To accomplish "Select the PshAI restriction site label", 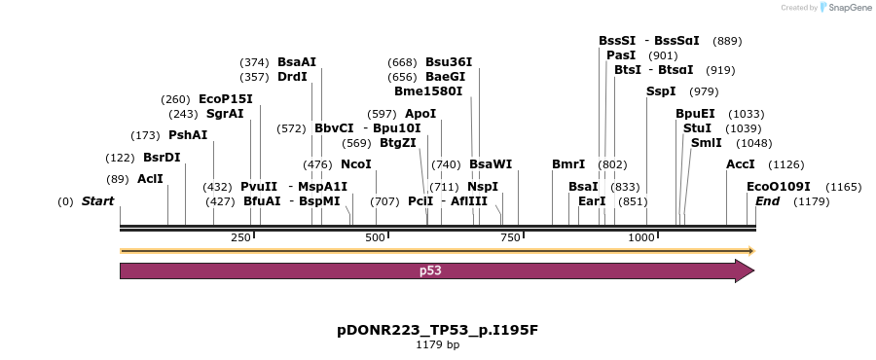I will pyautogui.click(x=188, y=135).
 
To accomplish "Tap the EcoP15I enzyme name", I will pyautogui.click(x=225, y=99).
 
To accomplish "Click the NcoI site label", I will pyautogui.click(x=356, y=164).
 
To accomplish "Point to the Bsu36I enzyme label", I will pyautogui.click(x=449, y=62).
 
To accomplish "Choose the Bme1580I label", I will pyautogui.click(x=428, y=91).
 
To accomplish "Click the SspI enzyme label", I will pyautogui.click(x=661, y=91).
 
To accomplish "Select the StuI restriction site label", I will pyautogui.click(x=697, y=128).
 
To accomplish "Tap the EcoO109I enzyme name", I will pyautogui.click(x=778, y=187).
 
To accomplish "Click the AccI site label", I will pyautogui.click(x=741, y=164).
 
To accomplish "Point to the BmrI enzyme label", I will pyautogui.click(x=568, y=164).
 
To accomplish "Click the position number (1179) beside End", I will pyautogui.click(x=811, y=201).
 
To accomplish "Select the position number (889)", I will pyautogui.click(x=727, y=41).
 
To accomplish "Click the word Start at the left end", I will pyautogui.click(x=97, y=201).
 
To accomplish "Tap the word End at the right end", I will pyautogui.click(x=767, y=201).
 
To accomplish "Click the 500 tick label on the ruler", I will pyautogui.click(x=375, y=237).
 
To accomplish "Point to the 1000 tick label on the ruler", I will pyautogui.click(x=641, y=237).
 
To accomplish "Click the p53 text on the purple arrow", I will pyautogui.click(x=430, y=270).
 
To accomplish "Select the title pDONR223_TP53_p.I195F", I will pyautogui.click(x=437, y=330).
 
